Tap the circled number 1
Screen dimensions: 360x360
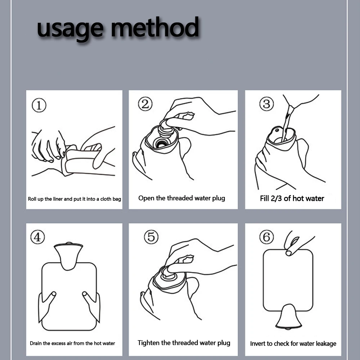pos(39,105)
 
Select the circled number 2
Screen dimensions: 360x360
pos(145,104)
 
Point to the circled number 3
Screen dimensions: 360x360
pos(266,104)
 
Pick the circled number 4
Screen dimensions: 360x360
pos(37,237)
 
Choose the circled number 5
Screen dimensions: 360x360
pos(151,237)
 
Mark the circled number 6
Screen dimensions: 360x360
pos(266,237)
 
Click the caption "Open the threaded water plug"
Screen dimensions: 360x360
pos(181,198)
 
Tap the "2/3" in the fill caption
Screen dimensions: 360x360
pos(276,198)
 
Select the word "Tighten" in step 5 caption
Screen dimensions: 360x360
pos(149,343)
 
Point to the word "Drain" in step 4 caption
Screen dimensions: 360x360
pos(36,343)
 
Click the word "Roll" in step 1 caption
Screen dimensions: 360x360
pos(32,199)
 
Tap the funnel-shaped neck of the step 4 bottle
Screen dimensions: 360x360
pos(68,256)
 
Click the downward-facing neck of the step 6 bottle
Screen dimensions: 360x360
pos(289,317)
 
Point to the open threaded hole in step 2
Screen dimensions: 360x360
pos(161,144)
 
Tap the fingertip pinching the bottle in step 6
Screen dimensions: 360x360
pos(289,253)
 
